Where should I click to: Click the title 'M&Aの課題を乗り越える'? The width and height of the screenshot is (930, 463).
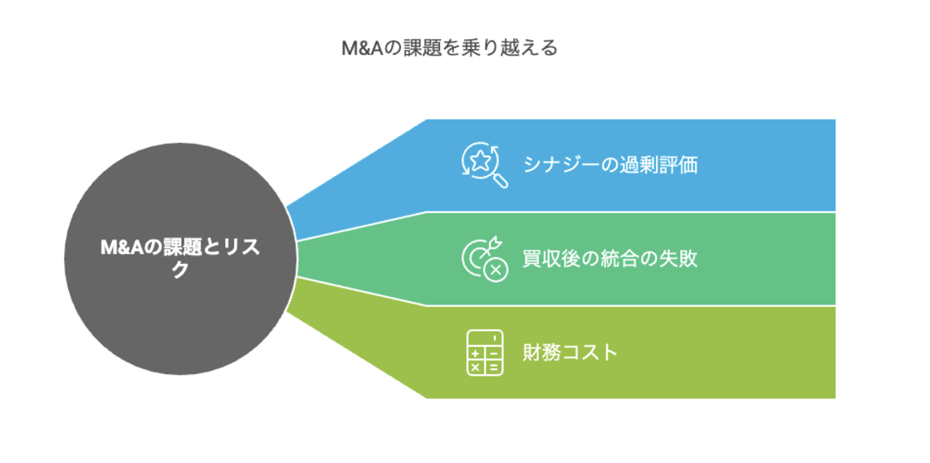(450, 48)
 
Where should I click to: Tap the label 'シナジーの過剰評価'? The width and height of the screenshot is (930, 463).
(609, 164)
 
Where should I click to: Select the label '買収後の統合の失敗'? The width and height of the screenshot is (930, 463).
(609, 258)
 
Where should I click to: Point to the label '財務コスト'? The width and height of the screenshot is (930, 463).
(570, 352)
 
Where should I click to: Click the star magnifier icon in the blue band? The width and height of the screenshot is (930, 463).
(484, 165)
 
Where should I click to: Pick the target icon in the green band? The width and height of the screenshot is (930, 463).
(484, 259)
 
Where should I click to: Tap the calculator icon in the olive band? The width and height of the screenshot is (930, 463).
(484, 353)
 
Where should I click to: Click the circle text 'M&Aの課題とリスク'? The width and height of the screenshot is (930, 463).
(179, 258)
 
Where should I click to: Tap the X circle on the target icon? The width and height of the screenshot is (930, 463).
(496, 270)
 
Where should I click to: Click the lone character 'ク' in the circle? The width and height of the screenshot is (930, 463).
(179, 270)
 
